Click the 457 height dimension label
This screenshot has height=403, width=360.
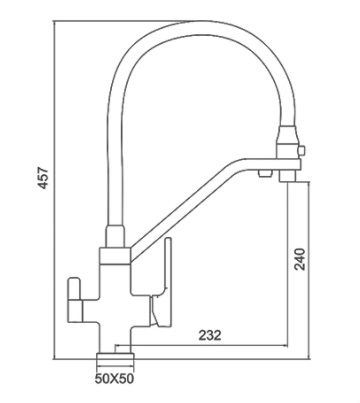(x=44, y=179)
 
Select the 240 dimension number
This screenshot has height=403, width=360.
(x=299, y=259)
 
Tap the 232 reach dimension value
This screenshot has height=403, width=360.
(x=210, y=335)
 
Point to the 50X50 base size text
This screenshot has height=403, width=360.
(x=114, y=379)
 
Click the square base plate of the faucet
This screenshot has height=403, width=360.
(x=115, y=358)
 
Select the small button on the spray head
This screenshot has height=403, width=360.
(x=302, y=151)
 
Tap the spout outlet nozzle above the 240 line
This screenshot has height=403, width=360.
(x=287, y=176)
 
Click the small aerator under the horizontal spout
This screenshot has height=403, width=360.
(x=265, y=173)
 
